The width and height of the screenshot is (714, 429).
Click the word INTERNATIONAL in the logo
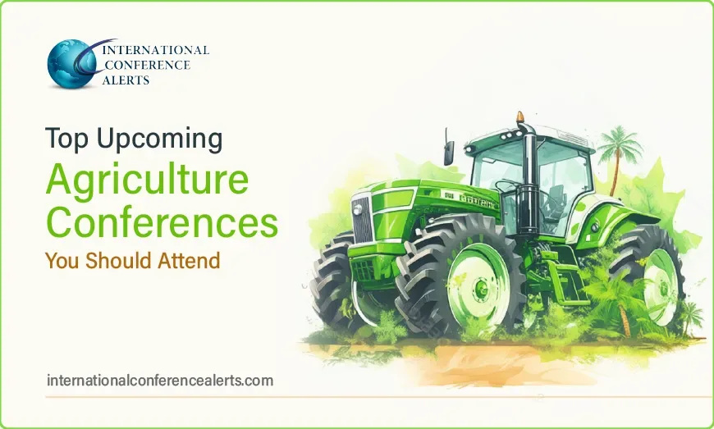tap(156, 50)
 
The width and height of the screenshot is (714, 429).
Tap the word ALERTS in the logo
tap(126, 80)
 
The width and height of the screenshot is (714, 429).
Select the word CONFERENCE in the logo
tap(147, 65)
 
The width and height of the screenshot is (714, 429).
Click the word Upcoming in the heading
tap(160, 139)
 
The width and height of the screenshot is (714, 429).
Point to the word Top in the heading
tap(66, 139)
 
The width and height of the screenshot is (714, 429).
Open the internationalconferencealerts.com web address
tap(160, 381)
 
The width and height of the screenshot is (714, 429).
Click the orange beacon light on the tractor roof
tap(520, 117)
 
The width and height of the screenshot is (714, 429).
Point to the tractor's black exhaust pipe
tap(529, 177)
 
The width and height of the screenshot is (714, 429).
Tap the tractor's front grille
tap(362, 220)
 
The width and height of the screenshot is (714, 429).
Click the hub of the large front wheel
tap(480, 288)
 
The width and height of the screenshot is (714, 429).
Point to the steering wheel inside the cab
tap(508, 186)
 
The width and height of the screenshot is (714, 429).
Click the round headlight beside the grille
tap(358, 209)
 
